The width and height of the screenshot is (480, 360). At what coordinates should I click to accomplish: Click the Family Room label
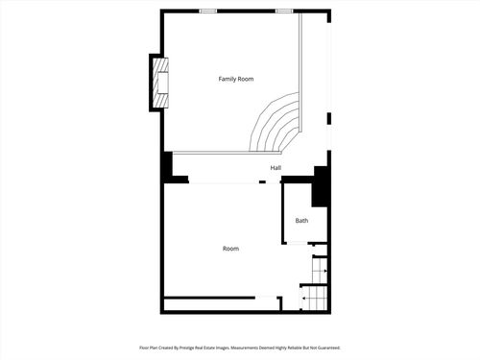[x=235, y=79]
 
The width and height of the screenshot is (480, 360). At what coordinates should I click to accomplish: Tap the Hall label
[x=276, y=168]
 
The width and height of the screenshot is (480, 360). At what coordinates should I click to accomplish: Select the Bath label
[x=301, y=221]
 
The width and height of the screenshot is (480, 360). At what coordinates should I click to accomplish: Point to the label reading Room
[x=230, y=249]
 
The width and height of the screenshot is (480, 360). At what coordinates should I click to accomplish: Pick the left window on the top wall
[x=207, y=11]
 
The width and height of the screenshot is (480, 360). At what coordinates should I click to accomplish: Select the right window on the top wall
[x=284, y=11]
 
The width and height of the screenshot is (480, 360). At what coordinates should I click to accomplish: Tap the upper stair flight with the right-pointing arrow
[x=320, y=272]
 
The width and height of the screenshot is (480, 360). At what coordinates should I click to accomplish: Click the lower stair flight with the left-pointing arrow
[x=315, y=300]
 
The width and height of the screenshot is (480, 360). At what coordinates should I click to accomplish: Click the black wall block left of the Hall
[x=167, y=167]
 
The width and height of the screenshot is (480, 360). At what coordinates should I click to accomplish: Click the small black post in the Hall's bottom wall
[x=262, y=181]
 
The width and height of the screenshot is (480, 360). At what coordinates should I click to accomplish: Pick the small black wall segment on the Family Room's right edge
[x=329, y=119]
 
